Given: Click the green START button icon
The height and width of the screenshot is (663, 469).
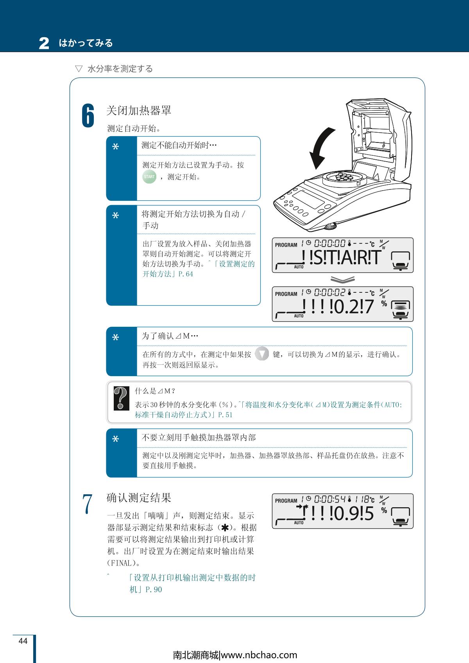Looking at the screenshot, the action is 149,177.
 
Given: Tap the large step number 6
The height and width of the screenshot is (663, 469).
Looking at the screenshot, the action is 88,115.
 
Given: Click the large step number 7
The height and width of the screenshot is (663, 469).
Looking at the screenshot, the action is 88,504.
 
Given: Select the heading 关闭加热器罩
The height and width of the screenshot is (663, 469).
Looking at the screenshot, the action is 139,110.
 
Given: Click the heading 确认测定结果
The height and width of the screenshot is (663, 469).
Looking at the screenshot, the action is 139,497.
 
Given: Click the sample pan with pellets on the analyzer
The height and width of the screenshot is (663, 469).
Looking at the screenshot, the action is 345,178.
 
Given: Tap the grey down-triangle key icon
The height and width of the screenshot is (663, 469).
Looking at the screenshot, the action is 262,353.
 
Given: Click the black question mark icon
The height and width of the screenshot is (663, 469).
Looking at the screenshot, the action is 122,398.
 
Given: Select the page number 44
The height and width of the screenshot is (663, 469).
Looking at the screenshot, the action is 23,641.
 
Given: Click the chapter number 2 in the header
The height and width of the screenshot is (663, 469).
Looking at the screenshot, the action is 44,43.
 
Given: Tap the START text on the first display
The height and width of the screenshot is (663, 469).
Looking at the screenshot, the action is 345,257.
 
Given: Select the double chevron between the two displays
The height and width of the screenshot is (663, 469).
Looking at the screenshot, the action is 342,279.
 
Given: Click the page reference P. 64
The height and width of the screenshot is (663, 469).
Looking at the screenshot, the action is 186,274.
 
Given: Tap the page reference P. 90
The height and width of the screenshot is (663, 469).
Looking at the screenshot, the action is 154,589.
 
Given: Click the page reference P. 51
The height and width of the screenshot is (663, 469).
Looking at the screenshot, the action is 225,415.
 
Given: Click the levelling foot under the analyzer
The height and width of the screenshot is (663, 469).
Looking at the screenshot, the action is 331,227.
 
